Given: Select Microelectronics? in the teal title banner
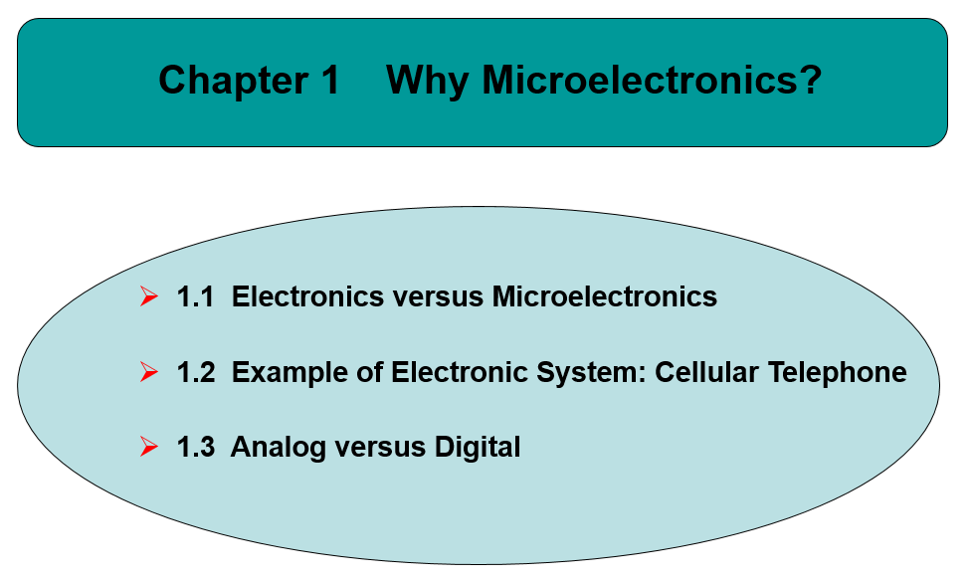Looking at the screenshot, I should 652,80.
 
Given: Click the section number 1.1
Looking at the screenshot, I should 195,296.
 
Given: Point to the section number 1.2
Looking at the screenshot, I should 195,372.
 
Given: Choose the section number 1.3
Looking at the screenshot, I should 195,448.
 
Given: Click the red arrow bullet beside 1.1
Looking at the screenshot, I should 149,296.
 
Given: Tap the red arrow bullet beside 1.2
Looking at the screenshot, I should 149,372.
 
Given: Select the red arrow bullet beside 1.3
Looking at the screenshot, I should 149,448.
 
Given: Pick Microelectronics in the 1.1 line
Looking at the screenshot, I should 605,296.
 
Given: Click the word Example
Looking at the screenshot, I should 288,372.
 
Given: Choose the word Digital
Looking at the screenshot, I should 478,448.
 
